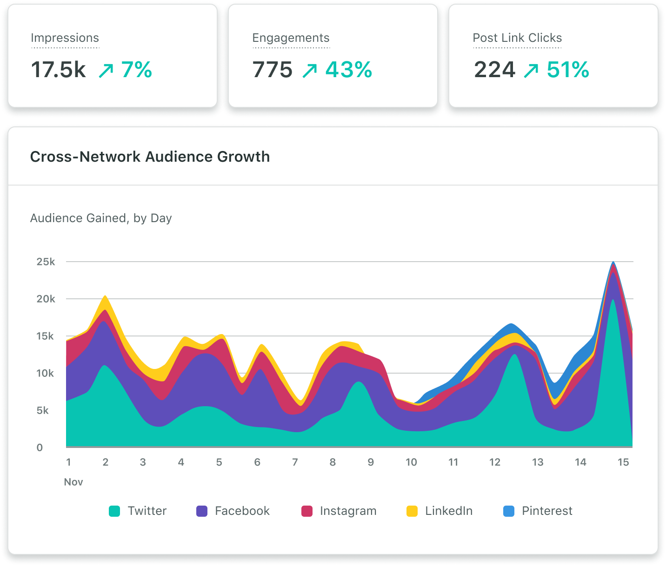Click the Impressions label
65,38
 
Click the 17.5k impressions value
58,70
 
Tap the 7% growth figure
137,70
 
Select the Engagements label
291,38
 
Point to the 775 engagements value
273,70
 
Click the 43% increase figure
349,70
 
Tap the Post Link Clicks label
517,38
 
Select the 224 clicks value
495,70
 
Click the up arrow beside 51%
531,71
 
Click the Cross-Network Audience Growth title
150,157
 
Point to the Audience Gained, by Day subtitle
101,218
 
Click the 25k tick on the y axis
46,262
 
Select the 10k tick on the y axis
45,373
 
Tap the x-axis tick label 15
623,462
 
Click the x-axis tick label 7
295,462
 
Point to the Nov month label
73,482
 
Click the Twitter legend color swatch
114,511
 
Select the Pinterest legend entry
538,511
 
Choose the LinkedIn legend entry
440,511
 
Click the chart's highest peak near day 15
613,263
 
